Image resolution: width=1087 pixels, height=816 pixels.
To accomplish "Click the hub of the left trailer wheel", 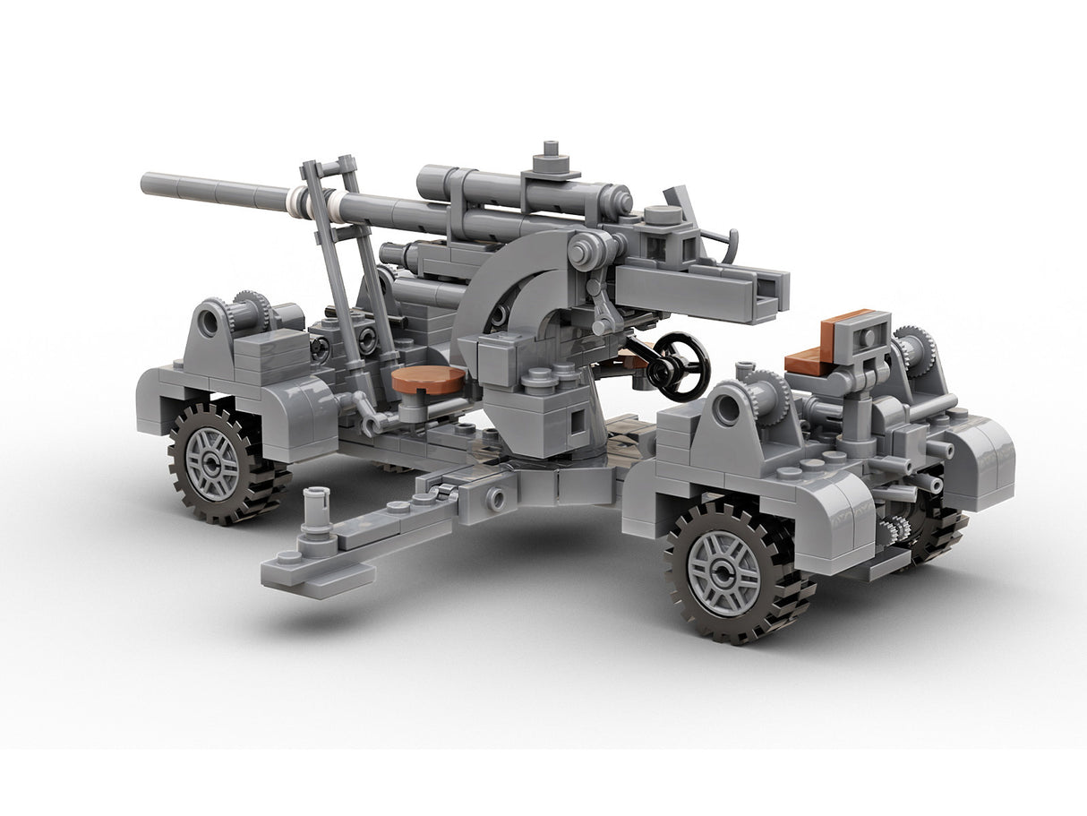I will tap(211, 464).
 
